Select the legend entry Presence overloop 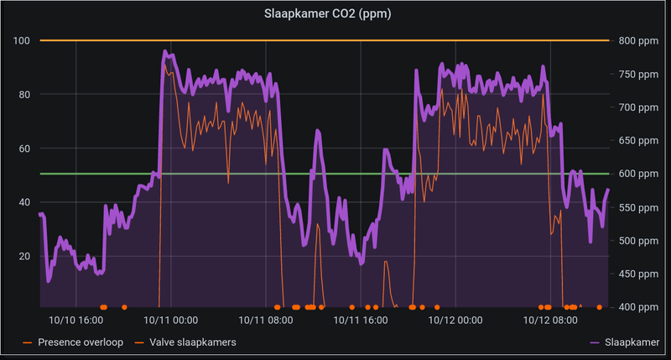coord(81,342)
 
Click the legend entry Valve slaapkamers coord(192,342)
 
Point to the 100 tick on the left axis coord(22,40)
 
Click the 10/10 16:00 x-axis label coord(75,320)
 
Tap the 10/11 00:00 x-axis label coord(170,320)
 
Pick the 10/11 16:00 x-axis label coord(360,320)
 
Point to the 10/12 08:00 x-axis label coord(550,320)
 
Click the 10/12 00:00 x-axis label coord(455,320)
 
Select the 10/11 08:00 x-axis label coord(265,320)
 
